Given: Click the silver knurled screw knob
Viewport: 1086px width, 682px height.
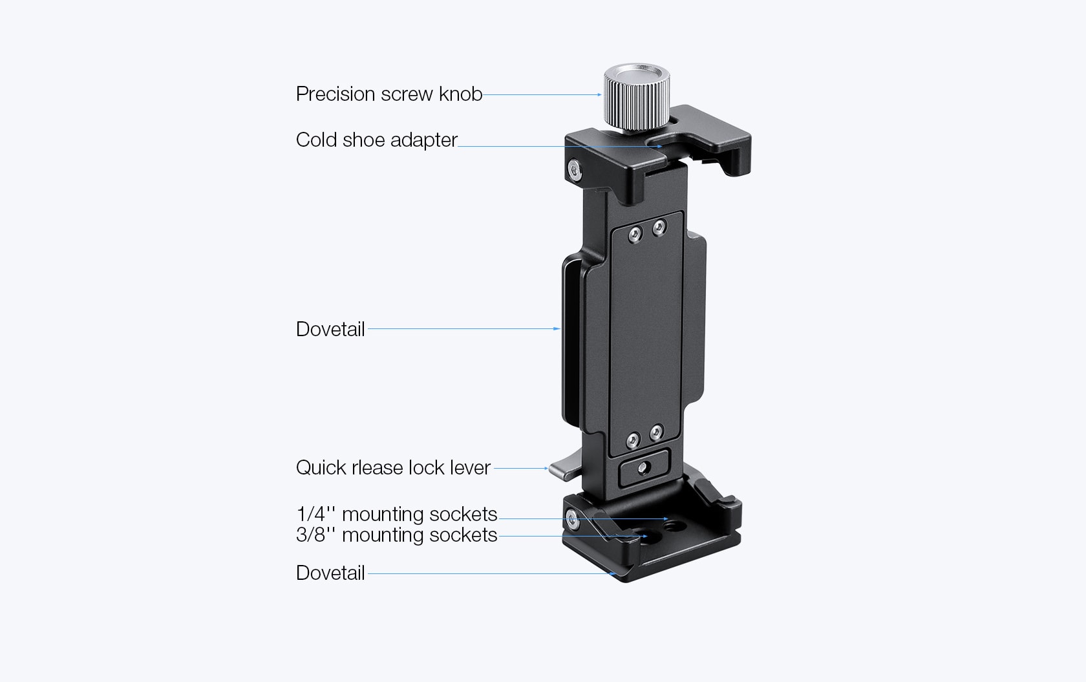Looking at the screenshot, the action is [637, 97].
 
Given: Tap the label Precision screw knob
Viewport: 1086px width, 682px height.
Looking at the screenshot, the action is [389, 94].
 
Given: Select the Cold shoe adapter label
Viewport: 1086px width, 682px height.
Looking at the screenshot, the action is [377, 140].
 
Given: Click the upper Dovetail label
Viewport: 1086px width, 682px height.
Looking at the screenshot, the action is [330, 329].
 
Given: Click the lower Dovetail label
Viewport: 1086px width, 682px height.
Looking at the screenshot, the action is [330, 573].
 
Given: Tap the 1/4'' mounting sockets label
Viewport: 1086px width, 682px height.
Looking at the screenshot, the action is [397, 514].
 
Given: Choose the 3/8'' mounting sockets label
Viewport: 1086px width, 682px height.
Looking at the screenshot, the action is [397, 535].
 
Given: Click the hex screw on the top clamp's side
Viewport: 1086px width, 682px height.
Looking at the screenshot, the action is [575, 169].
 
